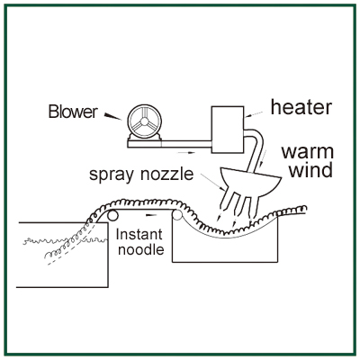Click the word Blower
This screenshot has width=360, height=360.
coord(73,112)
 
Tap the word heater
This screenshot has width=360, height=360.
coord(301,107)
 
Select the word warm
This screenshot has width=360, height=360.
coord(308,152)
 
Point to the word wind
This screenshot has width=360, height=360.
coord(310,170)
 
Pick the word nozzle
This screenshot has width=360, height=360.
coord(167,174)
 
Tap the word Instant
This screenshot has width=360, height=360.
coord(139,234)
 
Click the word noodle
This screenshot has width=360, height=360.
coord(141,249)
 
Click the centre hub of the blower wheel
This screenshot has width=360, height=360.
coord(144,121)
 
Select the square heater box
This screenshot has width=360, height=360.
coord(228,130)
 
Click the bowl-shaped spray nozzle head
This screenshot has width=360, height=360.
coord(250,182)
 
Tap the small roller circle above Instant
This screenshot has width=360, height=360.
coord(112,216)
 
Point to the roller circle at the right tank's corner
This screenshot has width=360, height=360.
coord(176,215)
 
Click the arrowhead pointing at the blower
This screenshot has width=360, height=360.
coord(112,116)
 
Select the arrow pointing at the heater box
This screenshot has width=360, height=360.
coord(255,114)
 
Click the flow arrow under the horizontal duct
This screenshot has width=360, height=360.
coord(186,153)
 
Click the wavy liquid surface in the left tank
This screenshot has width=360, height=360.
coord(65,240)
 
